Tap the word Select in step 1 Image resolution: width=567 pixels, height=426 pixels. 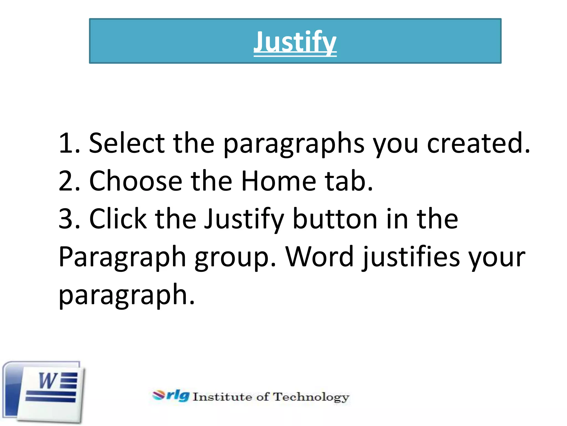[x=127, y=143]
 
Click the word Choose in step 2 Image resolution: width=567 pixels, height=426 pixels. [x=135, y=181]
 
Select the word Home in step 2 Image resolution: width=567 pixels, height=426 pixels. [x=278, y=181]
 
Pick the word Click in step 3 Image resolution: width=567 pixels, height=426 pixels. [x=118, y=219]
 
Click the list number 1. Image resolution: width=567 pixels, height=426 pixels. [x=66, y=143]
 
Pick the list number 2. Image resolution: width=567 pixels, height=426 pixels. [x=66, y=181]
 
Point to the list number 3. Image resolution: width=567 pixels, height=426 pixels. [x=66, y=219]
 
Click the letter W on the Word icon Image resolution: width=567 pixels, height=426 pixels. [x=48, y=381]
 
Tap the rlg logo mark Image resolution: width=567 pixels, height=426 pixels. [x=171, y=395]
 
